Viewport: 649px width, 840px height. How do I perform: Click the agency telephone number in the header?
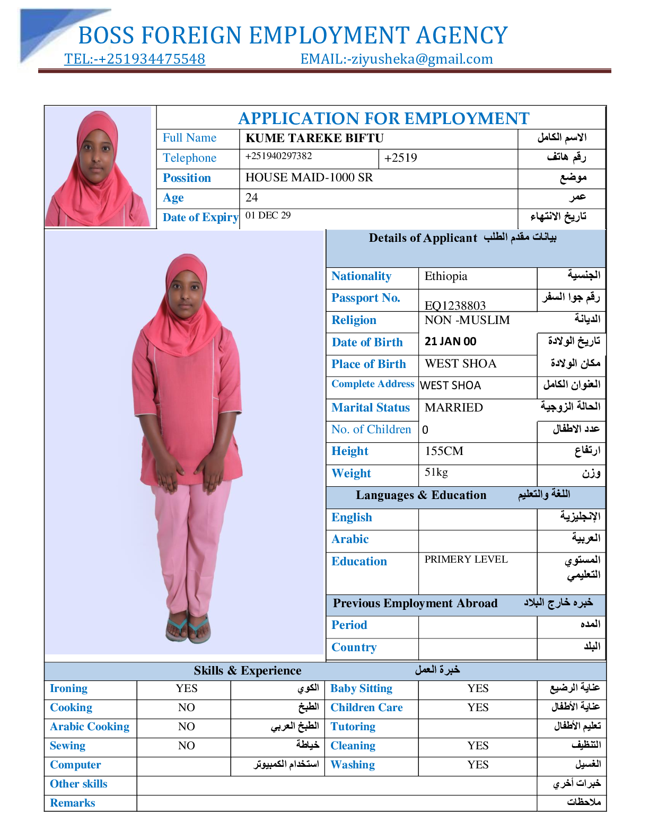[135, 59]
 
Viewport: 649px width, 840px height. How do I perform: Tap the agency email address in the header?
[397, 59]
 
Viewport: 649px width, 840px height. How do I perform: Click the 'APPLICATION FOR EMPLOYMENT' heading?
[383, 118]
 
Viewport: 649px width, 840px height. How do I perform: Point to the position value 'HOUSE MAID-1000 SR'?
[309, 178]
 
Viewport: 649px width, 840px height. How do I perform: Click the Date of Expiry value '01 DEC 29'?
[268, 215]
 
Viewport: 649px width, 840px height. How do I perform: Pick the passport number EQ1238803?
[455, 305]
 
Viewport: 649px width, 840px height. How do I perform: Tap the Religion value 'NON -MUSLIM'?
[467, 320]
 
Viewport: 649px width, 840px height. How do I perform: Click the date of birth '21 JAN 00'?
[451, 342]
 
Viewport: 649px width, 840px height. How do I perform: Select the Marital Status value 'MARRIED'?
[454, 407]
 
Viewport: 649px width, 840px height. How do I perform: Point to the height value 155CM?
[444, 451]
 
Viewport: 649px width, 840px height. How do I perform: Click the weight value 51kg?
[436, 472]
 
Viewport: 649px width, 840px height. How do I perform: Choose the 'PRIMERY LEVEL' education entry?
[466, 559]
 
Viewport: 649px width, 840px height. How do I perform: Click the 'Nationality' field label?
[361, 276]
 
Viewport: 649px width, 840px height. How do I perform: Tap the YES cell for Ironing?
[187, 688]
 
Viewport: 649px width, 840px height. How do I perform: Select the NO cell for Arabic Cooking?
[187, 727]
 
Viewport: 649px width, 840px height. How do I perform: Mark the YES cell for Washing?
[478, 765]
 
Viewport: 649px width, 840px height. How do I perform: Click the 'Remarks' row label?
[73, 803]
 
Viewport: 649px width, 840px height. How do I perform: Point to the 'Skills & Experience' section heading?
[248, 671]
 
